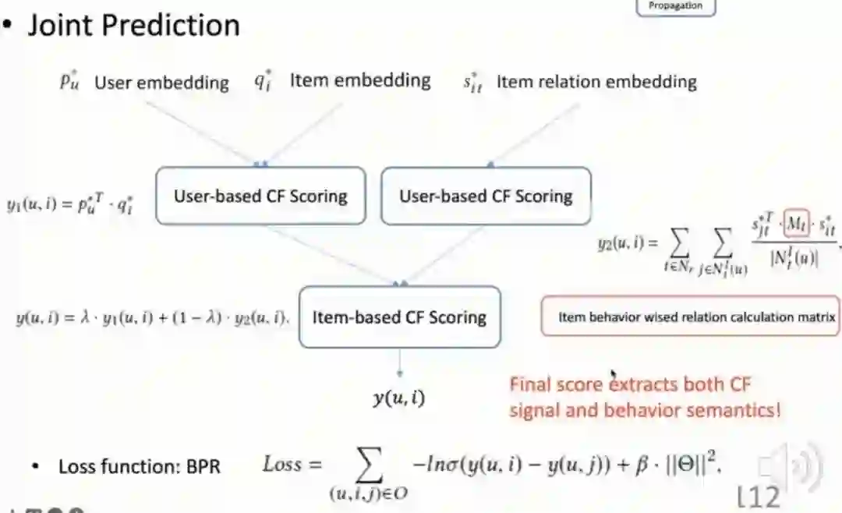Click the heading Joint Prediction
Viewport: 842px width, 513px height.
tap(133, 26)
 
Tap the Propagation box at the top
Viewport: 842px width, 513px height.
tap(675, 6)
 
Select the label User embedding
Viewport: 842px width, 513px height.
tap(161, 83)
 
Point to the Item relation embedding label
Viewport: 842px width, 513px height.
tap(596, 82)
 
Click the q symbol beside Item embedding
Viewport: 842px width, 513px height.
tap(262, 81)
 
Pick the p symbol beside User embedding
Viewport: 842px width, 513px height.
tap(69, 82)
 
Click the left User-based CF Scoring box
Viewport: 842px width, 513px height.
tap(260, 196)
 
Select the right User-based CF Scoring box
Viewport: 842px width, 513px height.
tap(486, 196)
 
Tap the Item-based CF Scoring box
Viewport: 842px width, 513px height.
tap(399, 317)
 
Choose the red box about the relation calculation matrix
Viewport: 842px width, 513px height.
tap(690, 317)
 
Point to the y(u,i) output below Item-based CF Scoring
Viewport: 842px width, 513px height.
tap(398, 399)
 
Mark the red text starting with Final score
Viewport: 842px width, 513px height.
tap(644, 397)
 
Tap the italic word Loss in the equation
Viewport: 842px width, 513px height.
tap(281, 465)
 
